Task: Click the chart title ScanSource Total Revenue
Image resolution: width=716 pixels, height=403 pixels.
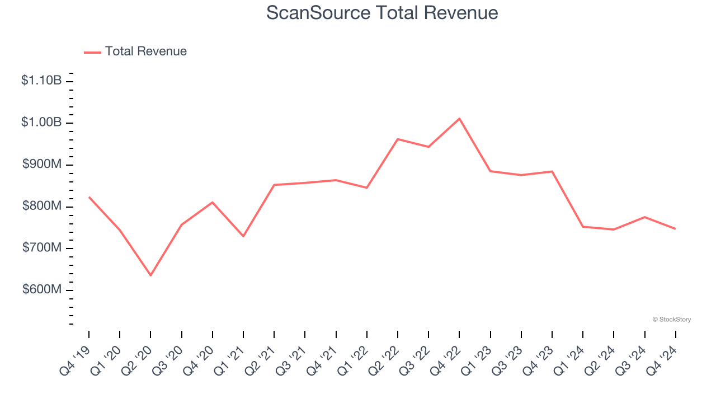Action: tap(382, 12)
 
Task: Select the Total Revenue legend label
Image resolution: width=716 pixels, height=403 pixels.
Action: tap(145, 51)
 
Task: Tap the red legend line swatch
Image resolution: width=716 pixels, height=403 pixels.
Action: tap(92, 52)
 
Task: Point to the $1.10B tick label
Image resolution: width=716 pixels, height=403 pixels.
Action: tap(41, 81)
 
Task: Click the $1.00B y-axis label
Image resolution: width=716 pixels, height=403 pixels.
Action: tap(41, 123)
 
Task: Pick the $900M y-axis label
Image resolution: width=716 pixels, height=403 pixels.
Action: tap(42, 165)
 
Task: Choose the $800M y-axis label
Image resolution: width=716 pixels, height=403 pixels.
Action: tap(42, 207)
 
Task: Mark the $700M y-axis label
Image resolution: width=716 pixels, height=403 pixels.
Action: tap(42, 248)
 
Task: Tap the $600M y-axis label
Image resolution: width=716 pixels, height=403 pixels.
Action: tap(42, 290)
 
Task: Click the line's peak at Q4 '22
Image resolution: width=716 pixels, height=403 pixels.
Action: tap(459, 119)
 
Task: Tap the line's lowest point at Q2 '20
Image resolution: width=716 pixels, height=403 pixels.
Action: tap(150, 275)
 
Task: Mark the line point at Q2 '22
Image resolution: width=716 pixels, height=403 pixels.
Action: tap(398, 139)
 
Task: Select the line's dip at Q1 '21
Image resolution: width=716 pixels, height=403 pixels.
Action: tap(243, 236)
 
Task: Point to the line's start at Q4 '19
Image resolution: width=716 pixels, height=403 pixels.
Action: tap(89, 197)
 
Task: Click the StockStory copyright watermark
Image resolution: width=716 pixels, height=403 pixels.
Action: tap(671, 320)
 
